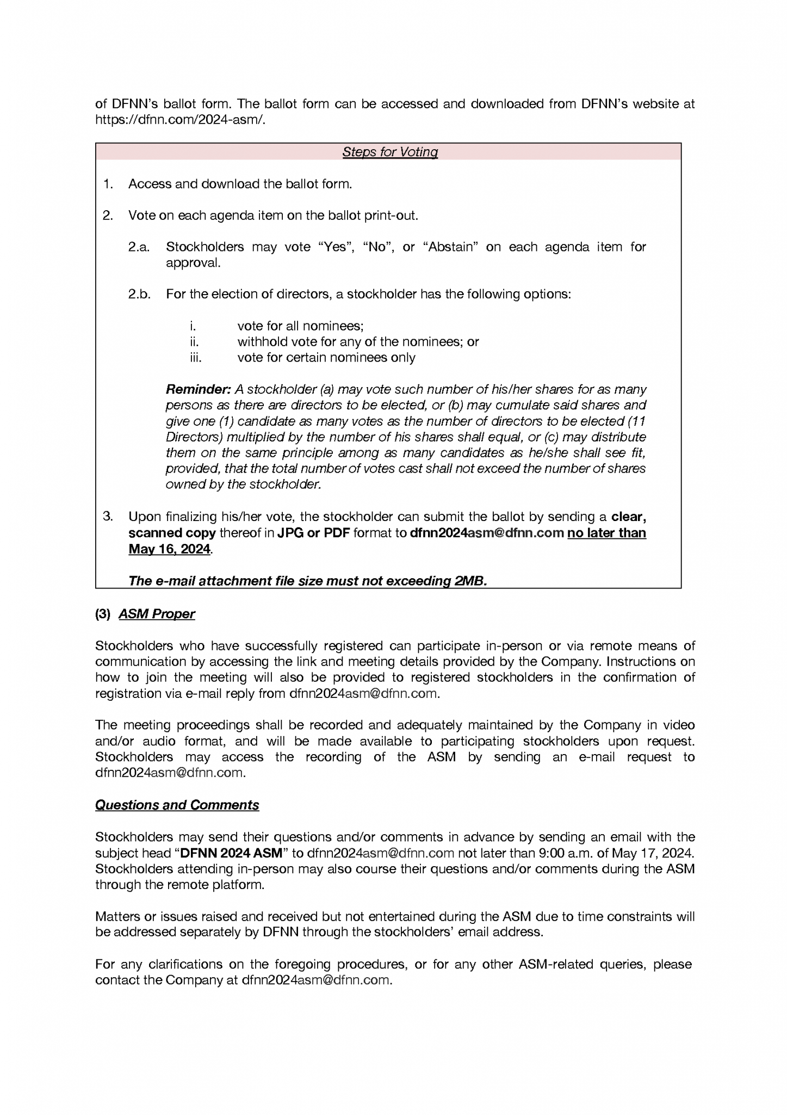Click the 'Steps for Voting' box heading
[x=390, y=152]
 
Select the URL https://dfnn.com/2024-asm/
[x=180, y=120]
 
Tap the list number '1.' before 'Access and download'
[x=108, y=184]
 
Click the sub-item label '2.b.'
[x=139, y=295]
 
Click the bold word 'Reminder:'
[x=198, y=390]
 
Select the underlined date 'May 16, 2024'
[x=169, y=549]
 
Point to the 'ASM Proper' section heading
[x=157, y=614]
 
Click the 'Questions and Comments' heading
[x=177, y=805]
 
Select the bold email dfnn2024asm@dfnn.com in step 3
[x=486, y=533]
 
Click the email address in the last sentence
[x=316, y=980]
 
